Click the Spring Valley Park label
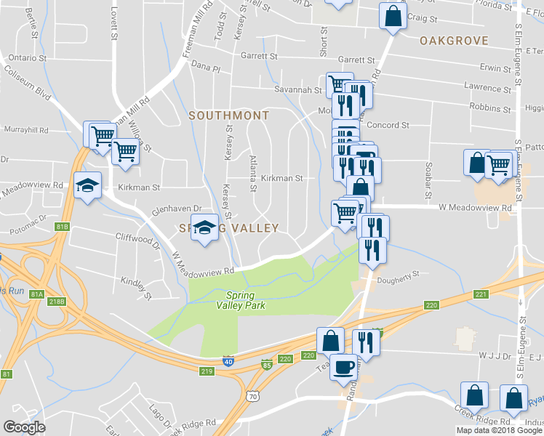(245, 300)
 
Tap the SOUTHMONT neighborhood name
(228, 116)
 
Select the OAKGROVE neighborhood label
(453, 41)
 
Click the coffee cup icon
(344, 366)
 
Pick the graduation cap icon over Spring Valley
(204, 227)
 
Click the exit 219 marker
(207, 371)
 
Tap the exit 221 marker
(479, 294)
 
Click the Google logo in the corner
(24, 427)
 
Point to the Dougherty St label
(399, 275)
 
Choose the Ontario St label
(27, 57)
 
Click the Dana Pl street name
(205, 68)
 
